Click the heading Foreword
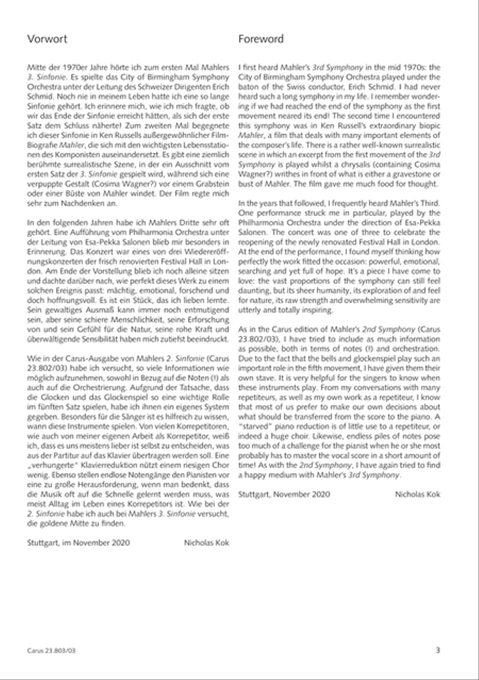261,39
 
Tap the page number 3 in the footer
437,650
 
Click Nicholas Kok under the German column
207,543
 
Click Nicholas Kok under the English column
418,494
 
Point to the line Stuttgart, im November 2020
78,543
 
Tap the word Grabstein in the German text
212,184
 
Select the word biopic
428,125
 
